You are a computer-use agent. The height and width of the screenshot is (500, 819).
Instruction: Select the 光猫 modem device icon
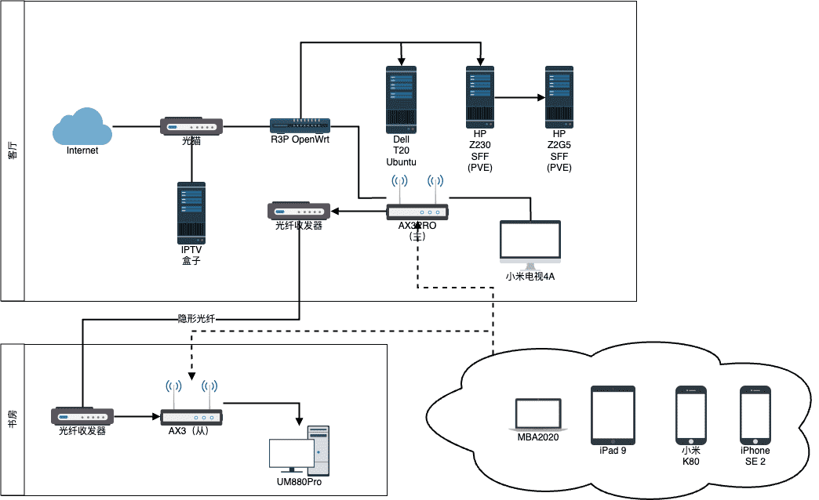pyautogui.click(x=191, y=126)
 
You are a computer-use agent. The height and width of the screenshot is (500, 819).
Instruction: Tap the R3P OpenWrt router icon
pyautogui.click(x=300, y=125)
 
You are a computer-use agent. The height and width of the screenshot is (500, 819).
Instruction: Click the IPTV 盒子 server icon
pyautogui.click(x=191, y=212)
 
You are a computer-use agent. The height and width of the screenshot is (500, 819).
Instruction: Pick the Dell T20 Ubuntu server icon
pyautogui.click(x=401, y=99)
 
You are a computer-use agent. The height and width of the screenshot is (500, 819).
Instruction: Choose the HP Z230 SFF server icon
pyautogui.click(x=481, y=97)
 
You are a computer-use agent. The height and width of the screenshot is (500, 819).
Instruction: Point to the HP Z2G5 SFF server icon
pyautogui.click(x=559, y=97)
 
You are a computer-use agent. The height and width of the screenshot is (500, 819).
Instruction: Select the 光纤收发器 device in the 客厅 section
pyautogui.click(x=299, y=211)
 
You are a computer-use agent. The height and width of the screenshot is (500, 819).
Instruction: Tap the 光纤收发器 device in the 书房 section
pyautogui.click(x=82, y=416)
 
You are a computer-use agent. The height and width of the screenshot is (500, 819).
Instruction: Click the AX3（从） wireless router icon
pyautogui.click(x=191, y=417)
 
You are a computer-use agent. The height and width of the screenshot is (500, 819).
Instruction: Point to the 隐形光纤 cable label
pyautogui.click(x=196, y=319)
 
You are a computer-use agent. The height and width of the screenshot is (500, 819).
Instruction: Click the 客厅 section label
pyautogui.click(x=13, y=150)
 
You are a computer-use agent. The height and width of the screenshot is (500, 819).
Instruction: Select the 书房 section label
pyautogui.click(x=13, y=419)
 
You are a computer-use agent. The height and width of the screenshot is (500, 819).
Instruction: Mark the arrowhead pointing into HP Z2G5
pyautogui.click(x=541, y=98)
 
